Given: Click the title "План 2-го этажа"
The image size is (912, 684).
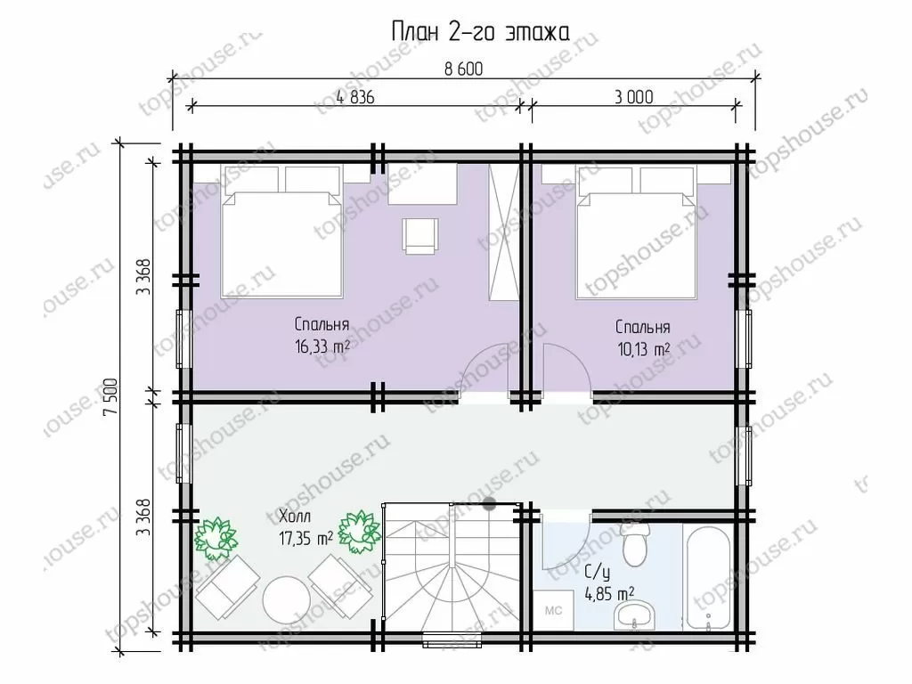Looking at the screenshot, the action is coord(480,32).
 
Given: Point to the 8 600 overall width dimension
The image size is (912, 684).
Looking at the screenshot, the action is coord(463,69).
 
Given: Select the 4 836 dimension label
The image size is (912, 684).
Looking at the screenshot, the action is coord(355,96).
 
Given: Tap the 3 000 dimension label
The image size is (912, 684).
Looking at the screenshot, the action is coord(634,96).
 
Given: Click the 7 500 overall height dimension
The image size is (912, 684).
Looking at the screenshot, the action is coord(110,397).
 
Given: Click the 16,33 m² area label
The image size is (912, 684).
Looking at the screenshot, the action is coord(322,346).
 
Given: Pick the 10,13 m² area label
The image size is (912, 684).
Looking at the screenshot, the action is coord(643,349).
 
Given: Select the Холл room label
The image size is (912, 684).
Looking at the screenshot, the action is coord(295,516).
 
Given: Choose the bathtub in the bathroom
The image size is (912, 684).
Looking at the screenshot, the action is coord(708,580).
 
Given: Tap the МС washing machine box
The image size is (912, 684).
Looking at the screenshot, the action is coord(553,610).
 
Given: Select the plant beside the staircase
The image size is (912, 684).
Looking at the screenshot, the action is coord(359,532).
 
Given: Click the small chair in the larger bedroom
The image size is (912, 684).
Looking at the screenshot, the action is coord(420,235).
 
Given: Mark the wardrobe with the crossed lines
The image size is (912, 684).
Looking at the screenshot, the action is coord(503,232).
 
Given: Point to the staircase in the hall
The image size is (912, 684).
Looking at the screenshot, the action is coord(452,568).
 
